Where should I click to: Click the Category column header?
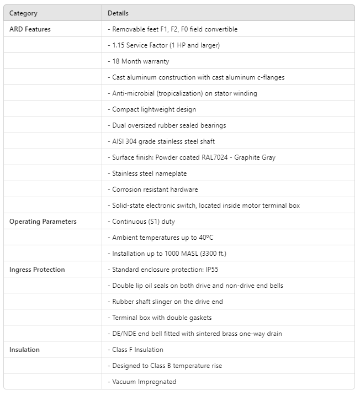23,13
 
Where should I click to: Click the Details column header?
118,13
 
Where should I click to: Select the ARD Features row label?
30,29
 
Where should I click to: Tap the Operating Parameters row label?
43,222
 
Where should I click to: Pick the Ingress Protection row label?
37,270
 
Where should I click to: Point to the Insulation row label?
24,350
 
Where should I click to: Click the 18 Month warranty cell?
140,61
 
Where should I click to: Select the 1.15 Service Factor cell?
166,45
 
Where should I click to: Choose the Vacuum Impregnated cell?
144,382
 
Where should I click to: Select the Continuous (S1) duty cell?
143,222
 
